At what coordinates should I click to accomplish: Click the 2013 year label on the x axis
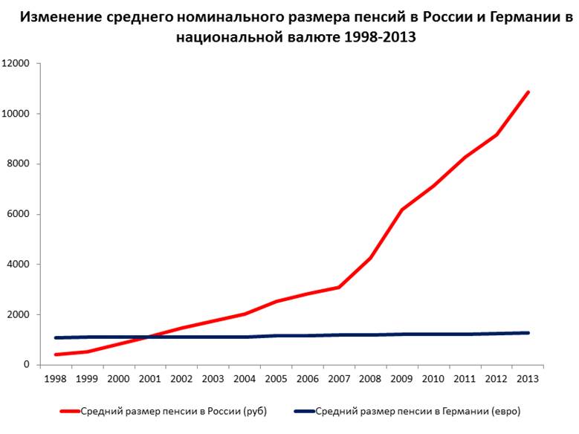click(x=528, y=379)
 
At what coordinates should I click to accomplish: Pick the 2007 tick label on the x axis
click(x=339, y=379)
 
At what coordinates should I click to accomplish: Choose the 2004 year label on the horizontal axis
click(x=245, y=379)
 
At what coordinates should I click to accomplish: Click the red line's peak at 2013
click(x=528, y=92)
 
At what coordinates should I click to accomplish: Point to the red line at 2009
click(x=402, y=210)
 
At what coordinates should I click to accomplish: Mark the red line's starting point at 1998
click(x=56, y=354)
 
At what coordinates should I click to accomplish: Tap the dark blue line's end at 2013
click(x=528, y=333)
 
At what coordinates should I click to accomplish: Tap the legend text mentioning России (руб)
click(x=172, y=410)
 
